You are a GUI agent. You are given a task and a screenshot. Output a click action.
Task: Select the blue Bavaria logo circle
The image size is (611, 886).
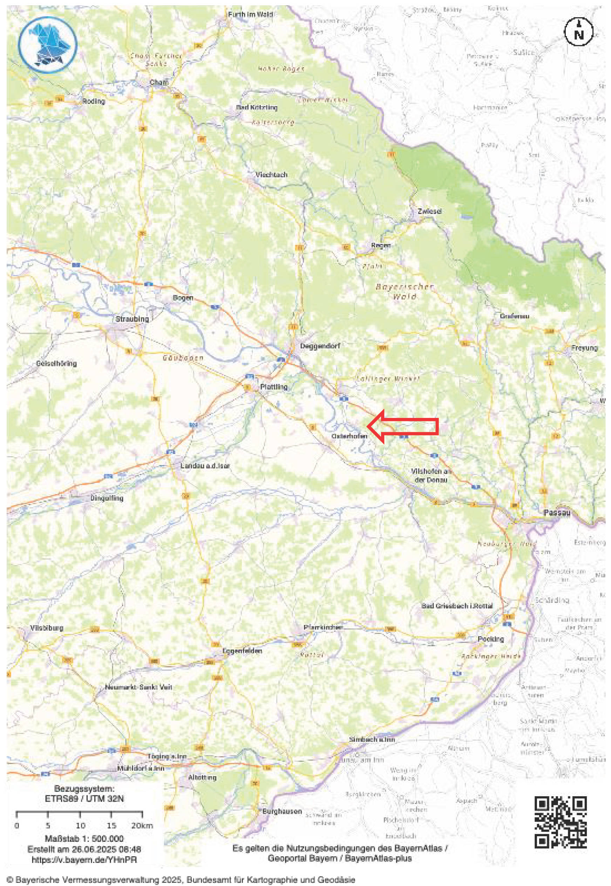[48, 45]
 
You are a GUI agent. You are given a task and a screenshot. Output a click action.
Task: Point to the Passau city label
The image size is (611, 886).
[557, 512]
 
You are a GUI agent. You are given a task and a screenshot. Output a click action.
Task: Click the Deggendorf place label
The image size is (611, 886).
[320, 345]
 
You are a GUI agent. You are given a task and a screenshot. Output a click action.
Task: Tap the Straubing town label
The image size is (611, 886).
[132, 319]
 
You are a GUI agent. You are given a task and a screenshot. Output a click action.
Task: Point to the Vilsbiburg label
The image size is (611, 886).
[47, 628]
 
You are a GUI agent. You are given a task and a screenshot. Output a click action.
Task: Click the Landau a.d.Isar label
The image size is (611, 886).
[205, 466]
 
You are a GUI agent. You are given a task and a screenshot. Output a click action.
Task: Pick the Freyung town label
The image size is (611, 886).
[584, 348]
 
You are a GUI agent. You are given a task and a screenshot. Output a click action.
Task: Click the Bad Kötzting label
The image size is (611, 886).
[257, 107]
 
